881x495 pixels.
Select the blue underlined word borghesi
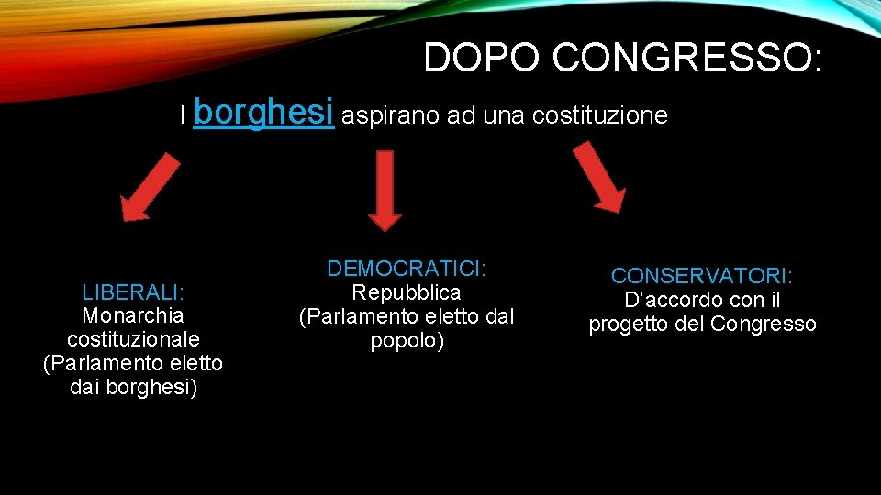263,113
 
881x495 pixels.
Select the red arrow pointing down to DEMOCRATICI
385,189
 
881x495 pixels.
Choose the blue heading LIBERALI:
133,291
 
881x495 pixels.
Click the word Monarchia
133,315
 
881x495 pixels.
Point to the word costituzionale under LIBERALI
133,339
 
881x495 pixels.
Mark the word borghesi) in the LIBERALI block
151,387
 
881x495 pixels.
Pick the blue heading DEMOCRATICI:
407,269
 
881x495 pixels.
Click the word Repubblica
407,292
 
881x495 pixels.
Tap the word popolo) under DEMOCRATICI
407,341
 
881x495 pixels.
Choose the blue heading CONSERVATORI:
702,275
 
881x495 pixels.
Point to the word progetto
629,324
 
